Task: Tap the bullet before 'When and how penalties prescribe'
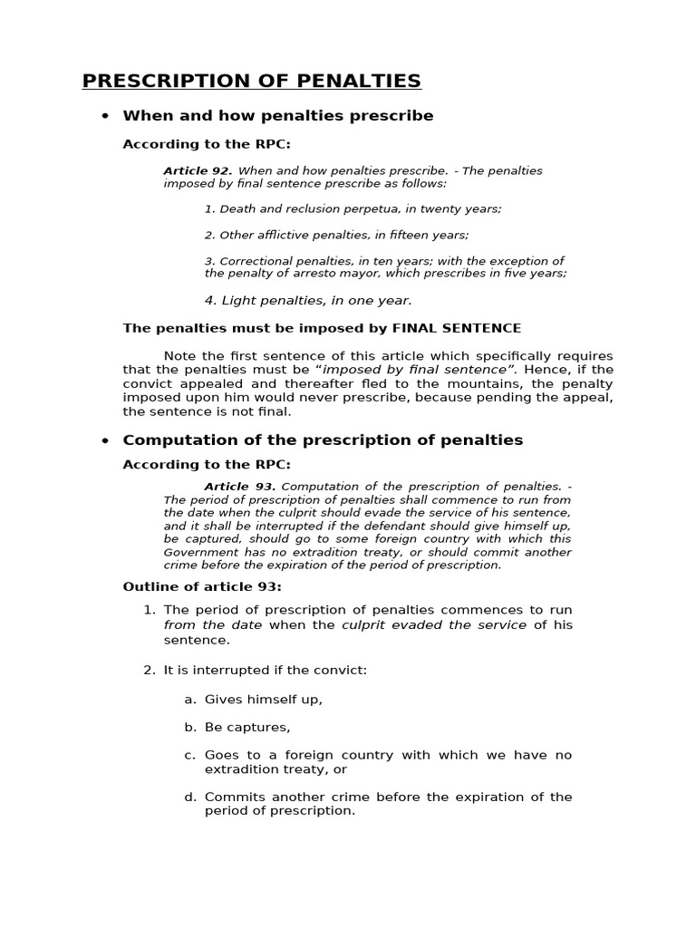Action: pyautogui.click(x=105, y=116)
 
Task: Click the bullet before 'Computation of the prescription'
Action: pyautogui.click(x=105, y=440)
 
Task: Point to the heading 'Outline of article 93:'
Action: pyautogui.click(x=202, y=586)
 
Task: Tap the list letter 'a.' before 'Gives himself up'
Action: pyautogui.click(x=190, y=700)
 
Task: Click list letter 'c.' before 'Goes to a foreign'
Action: pyautogui.click(x=190, y=755)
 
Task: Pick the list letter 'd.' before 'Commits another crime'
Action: pyautogui.click(x=190, y=797)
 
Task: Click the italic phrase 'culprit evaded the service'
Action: pyautogui.click(x=433, y=625)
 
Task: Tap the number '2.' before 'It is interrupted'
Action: pyautogui.click(x=150, y=671)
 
